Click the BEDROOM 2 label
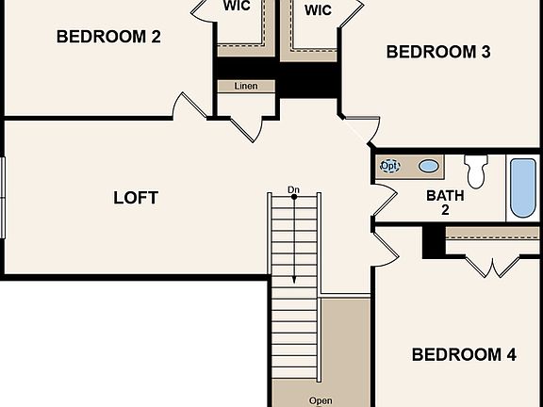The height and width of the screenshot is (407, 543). tap(108, 37)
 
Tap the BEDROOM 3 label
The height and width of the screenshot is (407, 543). tap(438, 52)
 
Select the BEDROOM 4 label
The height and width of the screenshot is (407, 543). tap(464, 355)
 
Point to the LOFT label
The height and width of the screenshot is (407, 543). tap(136, 198)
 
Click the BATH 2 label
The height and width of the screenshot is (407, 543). tap(445, 203)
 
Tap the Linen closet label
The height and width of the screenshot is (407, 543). tap(246, 86)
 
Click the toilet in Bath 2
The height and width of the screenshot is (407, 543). tap(476, 171)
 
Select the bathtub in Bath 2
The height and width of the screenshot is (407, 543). tap(521, 187)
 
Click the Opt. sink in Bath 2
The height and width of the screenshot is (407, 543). tap(389, 166)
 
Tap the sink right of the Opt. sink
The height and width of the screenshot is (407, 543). tap(429, 167)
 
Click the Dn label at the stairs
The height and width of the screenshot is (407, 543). tap(294, 189)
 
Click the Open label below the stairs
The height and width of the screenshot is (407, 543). tap(321, 400)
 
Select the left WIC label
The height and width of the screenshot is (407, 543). tap(237, 6)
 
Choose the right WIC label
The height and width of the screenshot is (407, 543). tap(318, 10)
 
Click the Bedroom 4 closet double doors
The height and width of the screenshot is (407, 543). tap(490, 265)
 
